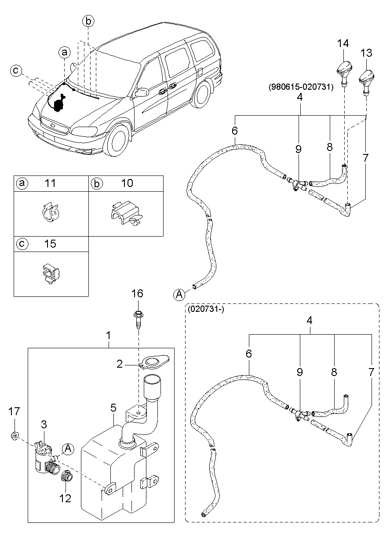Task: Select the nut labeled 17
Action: coord(15,436)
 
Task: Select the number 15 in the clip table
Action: coord(51,244)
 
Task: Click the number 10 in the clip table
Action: coord(127,183)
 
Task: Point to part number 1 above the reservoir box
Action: coord(108,336)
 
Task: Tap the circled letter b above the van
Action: coord(88,21)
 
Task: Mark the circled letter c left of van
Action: coord(17,70)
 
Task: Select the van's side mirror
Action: coord(141,92)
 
